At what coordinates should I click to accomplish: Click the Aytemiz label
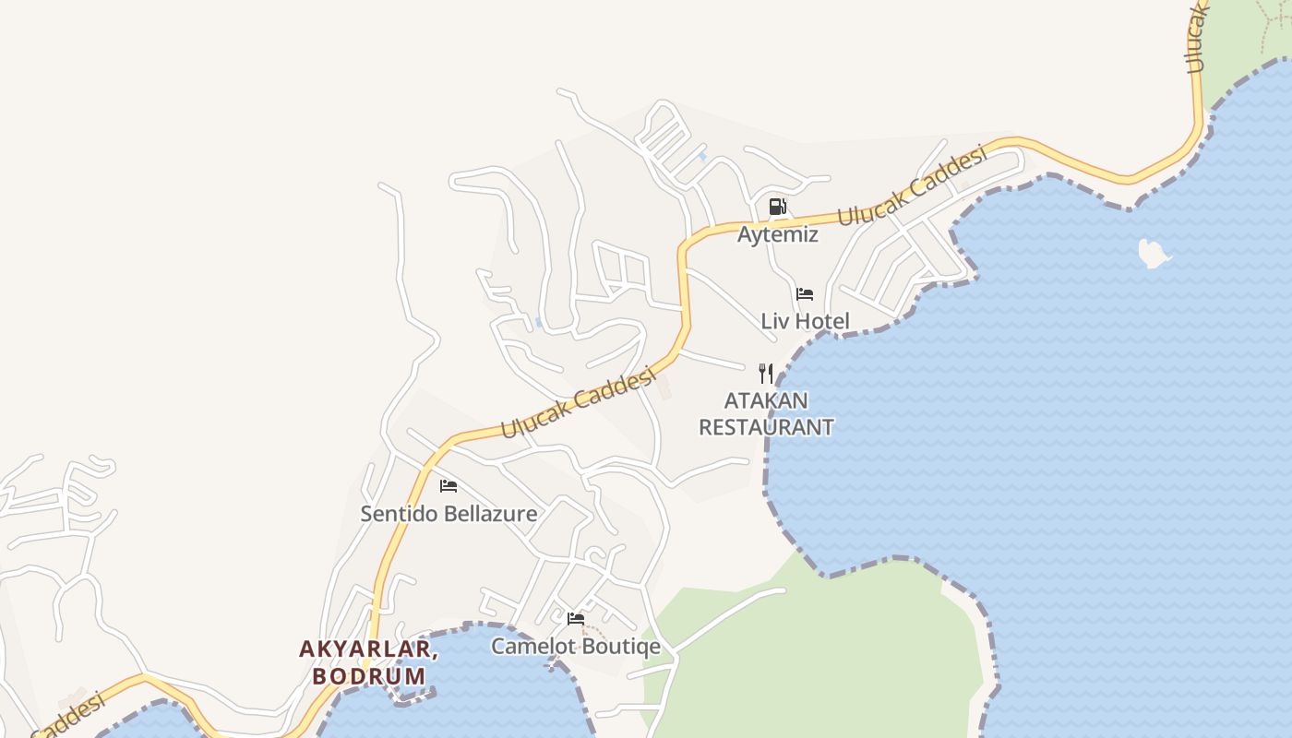tap(777, 234)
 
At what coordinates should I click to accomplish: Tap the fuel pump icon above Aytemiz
tap(778, 207)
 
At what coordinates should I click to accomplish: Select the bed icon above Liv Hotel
tap(805, 294)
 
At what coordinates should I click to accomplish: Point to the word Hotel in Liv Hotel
tap(821, 321)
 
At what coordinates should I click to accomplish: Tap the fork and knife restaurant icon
tap(766, 373)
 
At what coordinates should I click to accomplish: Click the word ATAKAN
tap(766, 400)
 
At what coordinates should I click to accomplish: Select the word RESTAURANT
tap(766, 427)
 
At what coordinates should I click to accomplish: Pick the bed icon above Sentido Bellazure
tap(449, 485)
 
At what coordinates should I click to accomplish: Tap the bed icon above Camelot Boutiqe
tap(576, 618)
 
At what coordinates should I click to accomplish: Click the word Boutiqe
tap(617, 646)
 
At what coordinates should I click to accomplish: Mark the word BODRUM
tap(369, 676)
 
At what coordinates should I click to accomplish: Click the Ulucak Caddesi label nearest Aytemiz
tap(912, 185)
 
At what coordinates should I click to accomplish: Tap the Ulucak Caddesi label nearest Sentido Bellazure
tap(578, 403)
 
